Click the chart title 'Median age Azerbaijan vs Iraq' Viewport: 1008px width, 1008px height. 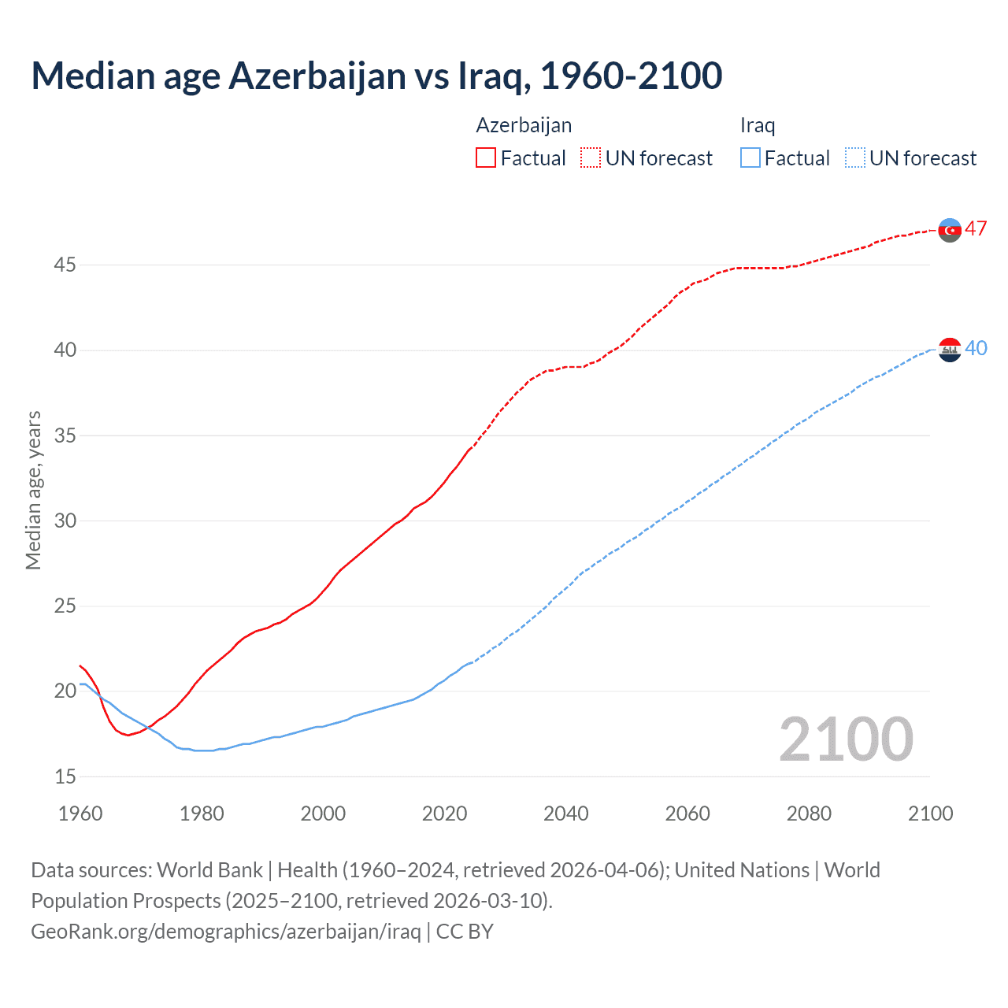click(376, 76)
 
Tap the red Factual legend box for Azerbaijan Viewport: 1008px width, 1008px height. click(486, 158)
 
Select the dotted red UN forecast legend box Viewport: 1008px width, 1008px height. click(591, 158)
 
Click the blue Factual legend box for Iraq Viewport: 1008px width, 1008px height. click(750, 158)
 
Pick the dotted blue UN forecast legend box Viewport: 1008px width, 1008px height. click(854, 158)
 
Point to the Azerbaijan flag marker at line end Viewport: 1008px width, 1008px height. click(950, 230)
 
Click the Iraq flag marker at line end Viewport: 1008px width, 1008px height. click(950, 349)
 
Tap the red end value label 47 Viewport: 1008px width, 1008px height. click(976, 229)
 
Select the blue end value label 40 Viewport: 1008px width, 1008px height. click(976, 348)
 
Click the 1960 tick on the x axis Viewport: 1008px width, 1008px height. click(80, 813)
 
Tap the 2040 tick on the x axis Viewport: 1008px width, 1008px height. click(565, 813)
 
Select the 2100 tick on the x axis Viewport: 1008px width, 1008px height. click(930, 813)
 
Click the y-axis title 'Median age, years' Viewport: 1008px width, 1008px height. click(33, 490)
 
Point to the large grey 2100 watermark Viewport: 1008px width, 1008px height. click(846, 739)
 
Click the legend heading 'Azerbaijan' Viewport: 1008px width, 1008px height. click(524, 125)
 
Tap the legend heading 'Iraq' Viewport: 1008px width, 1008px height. click(758, 125)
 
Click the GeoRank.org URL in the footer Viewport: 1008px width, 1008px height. click(226, 932)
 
